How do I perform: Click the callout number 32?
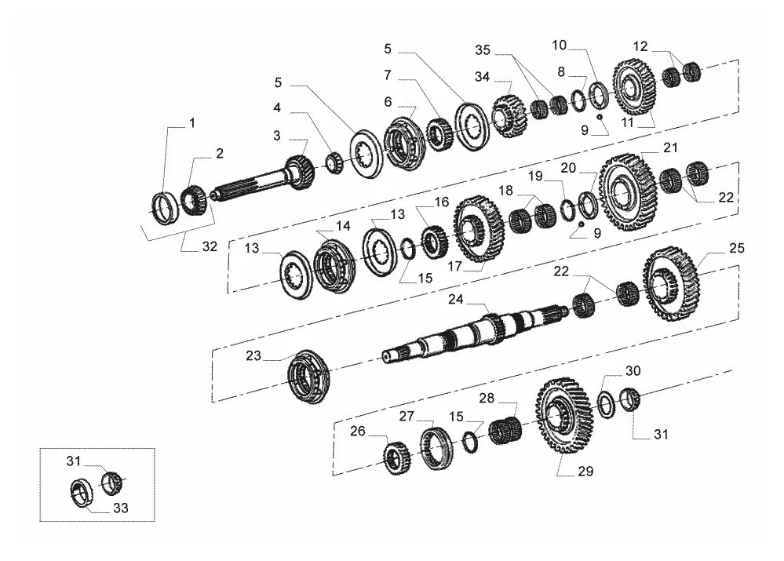pos(210,246)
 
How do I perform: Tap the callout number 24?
pos(455,299)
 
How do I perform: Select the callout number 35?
pos(483,49)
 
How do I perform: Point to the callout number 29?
pos(585,471)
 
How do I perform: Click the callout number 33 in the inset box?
pos(121,508)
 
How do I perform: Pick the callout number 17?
pos(454,266)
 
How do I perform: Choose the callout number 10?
pos(559,45)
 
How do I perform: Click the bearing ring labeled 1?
pos(165,208)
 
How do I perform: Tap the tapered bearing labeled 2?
pos(194,200)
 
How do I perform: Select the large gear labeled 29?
pos(564,415)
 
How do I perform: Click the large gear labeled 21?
pos(627,191)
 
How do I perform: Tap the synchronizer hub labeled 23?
pos(308,377)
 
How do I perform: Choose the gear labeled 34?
pos(509,116)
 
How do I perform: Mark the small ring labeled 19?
pos(567,210)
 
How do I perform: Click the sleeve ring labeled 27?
pos(436,449)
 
